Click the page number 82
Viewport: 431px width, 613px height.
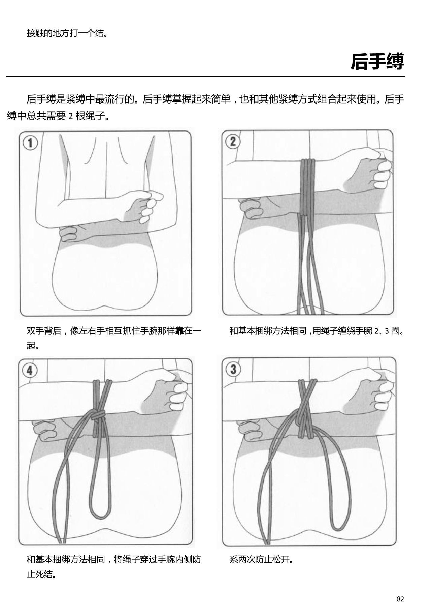click(400, 599)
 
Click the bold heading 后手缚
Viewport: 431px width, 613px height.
click(377, 61)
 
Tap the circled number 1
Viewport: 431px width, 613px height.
click(30, 143)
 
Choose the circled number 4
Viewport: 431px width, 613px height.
click(30, 371)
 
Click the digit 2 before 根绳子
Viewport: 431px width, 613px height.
click(70, 117)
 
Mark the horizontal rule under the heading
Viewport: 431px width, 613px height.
click(205, 76)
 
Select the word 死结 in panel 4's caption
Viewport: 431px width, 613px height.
click(44, 574)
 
